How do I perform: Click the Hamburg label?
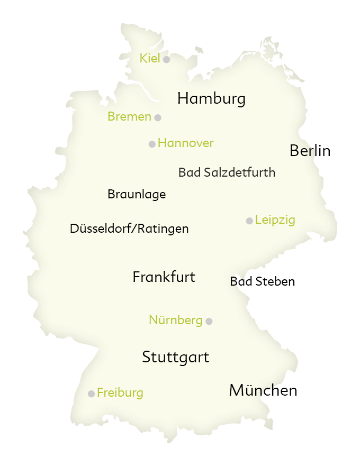coord(211,98)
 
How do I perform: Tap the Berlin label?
coord(310,151)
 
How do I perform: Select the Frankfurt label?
coord(164,277)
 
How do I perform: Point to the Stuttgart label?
coord(175,358)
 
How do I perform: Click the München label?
coord(263,390)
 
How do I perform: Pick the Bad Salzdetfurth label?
coord(227,172)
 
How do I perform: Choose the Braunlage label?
coord(137,194)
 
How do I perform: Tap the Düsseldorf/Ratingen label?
coord(129,229)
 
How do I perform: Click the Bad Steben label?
coord(262,282)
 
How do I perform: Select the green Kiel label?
coord(149,58)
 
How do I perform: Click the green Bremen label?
coord(129,116)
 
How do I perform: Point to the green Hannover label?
coord(185,143)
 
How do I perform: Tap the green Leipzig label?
coord(275,220)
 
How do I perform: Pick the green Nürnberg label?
coord(175,320)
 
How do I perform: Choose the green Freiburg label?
coord(120,392)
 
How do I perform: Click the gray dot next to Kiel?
coord(166,59)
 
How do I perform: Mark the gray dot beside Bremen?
coord(158,117)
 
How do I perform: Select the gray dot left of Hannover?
coord(152,144)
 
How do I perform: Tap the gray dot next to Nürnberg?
coord(209,321)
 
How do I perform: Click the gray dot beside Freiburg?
coord(91,394)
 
